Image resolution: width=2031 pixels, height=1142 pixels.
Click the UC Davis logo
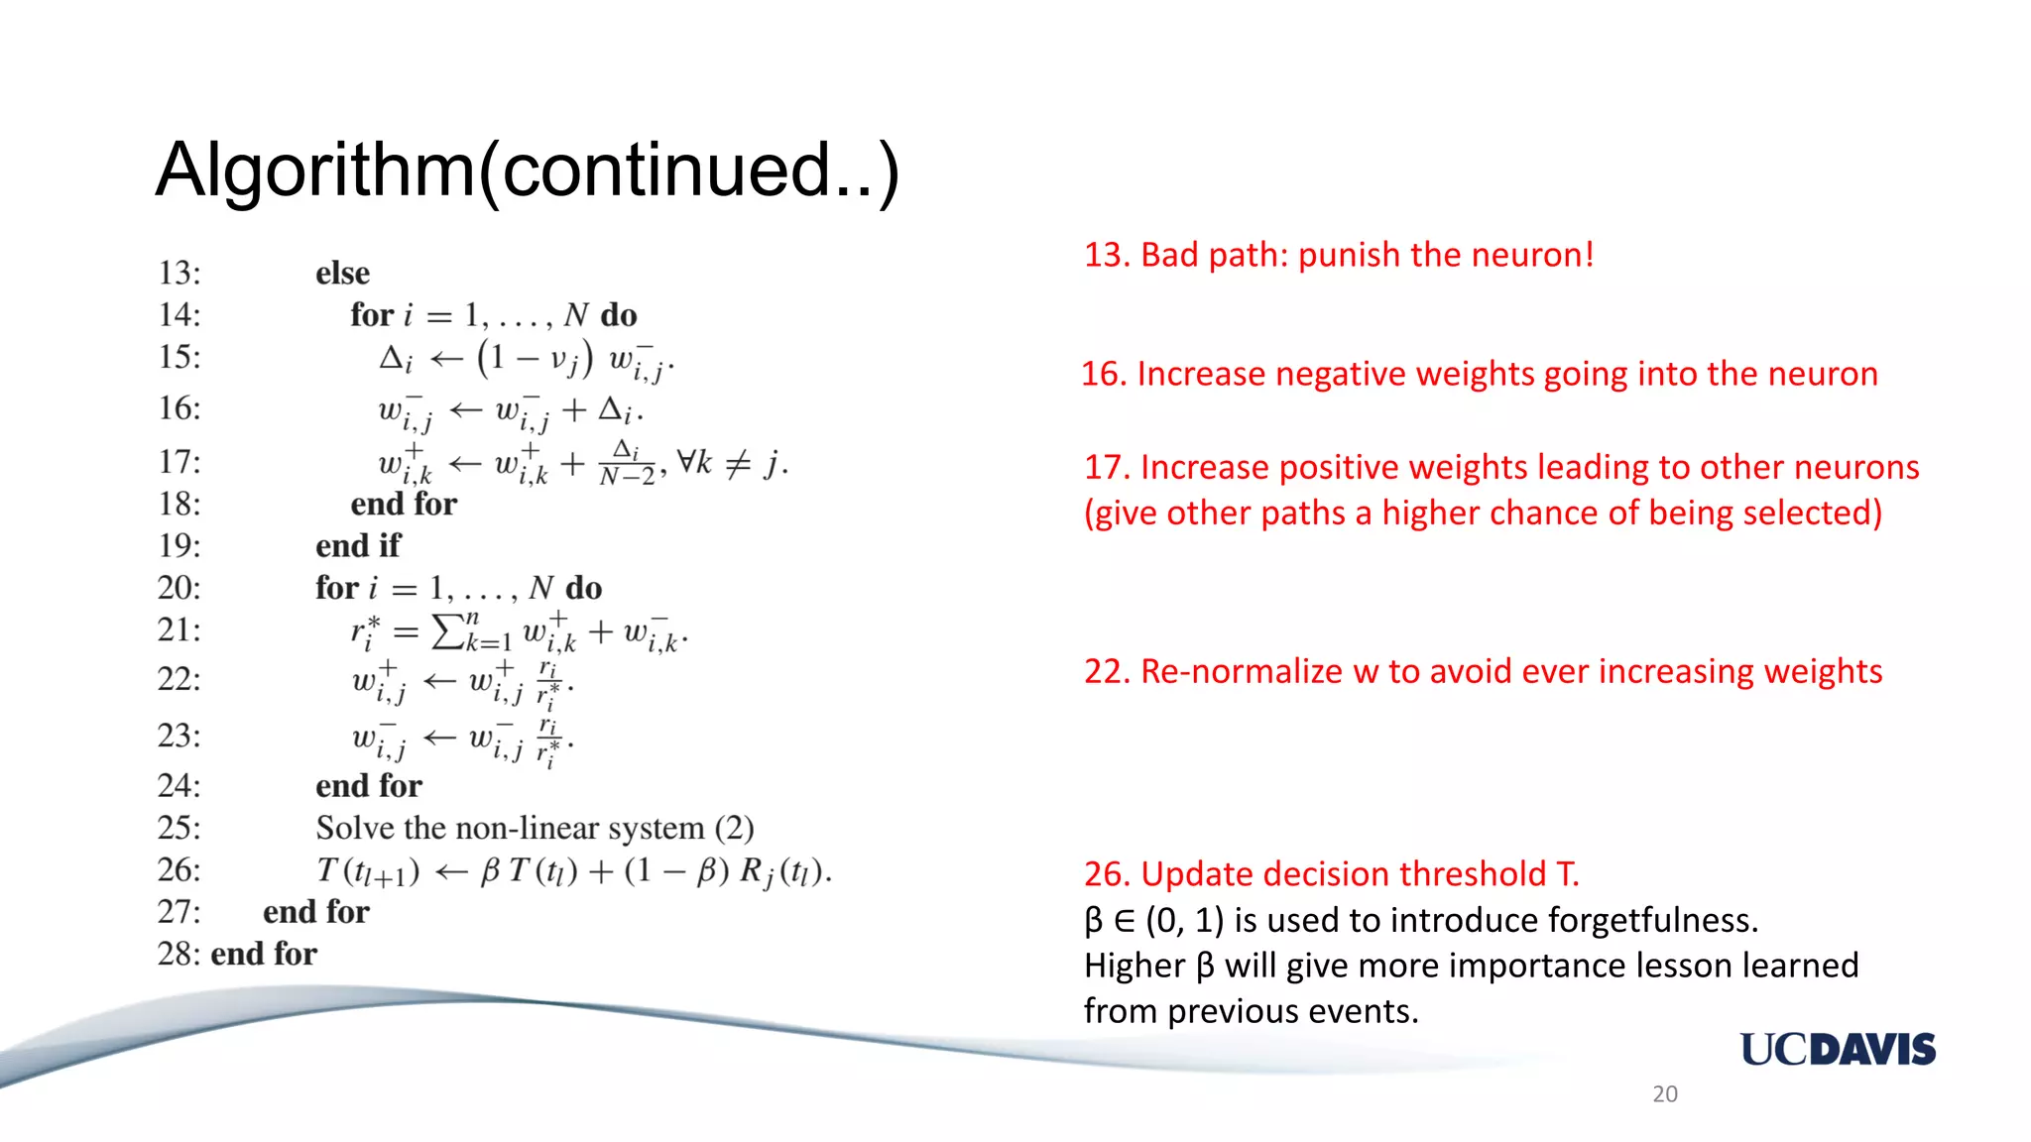tap(1837, 1049)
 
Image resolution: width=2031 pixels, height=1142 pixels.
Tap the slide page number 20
tap(1664, 1093)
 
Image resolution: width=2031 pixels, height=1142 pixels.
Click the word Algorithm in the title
tap(315, 171)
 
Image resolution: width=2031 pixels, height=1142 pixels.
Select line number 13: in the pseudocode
tap(179, 273)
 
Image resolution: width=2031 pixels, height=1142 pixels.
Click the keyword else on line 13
tap(342, 273)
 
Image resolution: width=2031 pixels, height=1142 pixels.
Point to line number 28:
tap(179, 954)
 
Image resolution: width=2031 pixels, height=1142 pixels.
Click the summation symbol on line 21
tap(448, 631)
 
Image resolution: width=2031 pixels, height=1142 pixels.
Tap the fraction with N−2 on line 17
tap(627, 463)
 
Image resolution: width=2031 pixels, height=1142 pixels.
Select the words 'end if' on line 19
tap(358, 545)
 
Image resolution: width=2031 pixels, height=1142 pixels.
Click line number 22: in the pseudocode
tap(179, 679)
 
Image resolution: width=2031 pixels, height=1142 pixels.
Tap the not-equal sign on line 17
tap(737, 463)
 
